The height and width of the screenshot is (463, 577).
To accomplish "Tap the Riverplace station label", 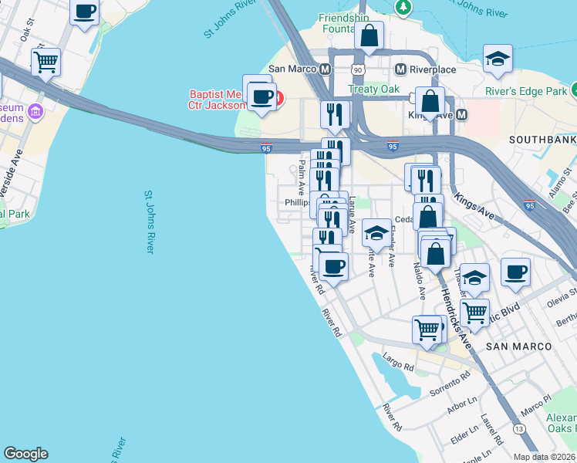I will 432,69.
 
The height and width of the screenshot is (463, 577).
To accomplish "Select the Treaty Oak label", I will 373,89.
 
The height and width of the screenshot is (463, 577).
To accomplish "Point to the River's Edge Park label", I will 527,91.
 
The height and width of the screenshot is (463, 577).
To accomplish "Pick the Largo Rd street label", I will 398,363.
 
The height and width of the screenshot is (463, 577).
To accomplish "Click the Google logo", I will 25,454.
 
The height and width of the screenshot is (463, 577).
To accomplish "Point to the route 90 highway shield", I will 356,70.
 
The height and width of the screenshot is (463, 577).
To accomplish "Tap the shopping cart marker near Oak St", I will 46,62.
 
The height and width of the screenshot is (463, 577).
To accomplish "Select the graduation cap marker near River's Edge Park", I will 498,59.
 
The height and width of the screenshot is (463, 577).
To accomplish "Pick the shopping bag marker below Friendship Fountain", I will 369,35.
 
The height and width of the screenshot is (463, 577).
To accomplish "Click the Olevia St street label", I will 562,297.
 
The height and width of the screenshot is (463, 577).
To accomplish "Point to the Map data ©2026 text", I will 543,457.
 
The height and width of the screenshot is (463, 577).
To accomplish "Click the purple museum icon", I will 34,113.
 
